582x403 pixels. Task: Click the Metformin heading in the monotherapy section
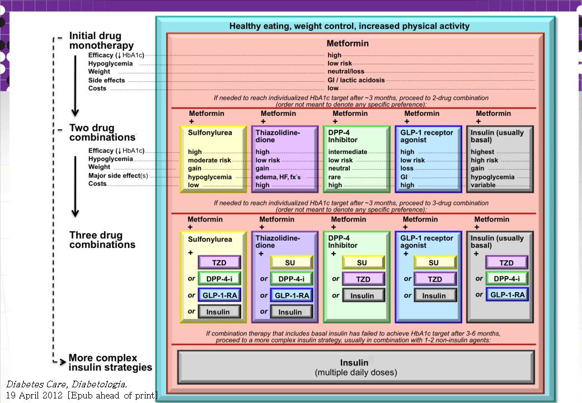(x=348, y=44)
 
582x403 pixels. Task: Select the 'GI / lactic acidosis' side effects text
(x=356, y=80)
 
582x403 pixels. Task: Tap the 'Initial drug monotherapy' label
(x=101, y=40)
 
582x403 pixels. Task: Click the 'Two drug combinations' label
(x=101, y=133)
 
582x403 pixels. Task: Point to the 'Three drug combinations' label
(x=102, y=240)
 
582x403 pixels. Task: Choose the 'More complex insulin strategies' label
(x=110, y=363)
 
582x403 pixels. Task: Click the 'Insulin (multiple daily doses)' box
(x=355, y=367)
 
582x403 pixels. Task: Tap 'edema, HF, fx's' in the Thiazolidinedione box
(x=278, y=177)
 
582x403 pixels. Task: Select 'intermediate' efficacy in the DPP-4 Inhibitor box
(x=348, y=152)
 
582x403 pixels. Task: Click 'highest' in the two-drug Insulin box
(x=482, y=152)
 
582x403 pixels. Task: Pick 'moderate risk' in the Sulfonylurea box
(x=209, y=160)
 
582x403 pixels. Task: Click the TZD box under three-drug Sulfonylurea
(x=219, y=263)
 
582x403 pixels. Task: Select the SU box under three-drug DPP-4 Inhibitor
(x=363, y=263)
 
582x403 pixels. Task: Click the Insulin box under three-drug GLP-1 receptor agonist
(x=434, y=296)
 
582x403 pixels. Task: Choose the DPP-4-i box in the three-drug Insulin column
(x=506, y=279)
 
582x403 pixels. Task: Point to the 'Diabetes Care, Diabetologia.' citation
(x=67, y=385)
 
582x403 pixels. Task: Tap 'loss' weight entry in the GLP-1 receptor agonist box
(x=407, y=168)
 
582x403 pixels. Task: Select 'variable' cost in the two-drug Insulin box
(x=483, y=185)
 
